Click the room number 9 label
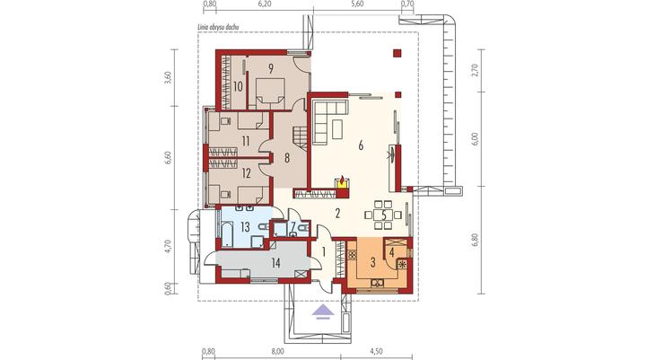pos(270,68)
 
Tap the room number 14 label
pos(275,263)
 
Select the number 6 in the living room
pos(361,145)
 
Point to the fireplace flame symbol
pos(342,180)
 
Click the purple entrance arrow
pos(323,312)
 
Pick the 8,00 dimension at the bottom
pos(278,352)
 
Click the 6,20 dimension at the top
pos(264,4)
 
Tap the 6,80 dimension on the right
pos(476,240)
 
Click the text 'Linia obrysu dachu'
pos(218,27)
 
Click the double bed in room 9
pos(270,93)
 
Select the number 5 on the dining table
pos(384,215)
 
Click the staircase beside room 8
pos(301,137)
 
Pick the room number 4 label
pos(392,251)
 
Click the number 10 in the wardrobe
pos(238,86)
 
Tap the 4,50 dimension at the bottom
pos(376,352)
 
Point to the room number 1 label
pos(323,251)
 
